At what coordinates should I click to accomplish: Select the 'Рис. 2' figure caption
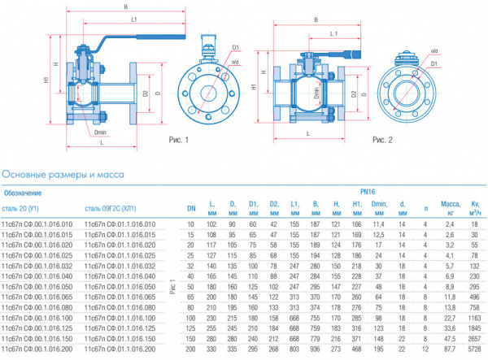point(382,140)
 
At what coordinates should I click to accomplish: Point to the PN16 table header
point(334,193)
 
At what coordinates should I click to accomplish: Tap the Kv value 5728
point(474,347)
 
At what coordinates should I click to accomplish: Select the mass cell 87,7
point(446,347)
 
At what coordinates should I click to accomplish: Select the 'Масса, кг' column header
point(446,206)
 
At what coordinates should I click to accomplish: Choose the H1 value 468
point(356,347)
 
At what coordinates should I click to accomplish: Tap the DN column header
point(191,206)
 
